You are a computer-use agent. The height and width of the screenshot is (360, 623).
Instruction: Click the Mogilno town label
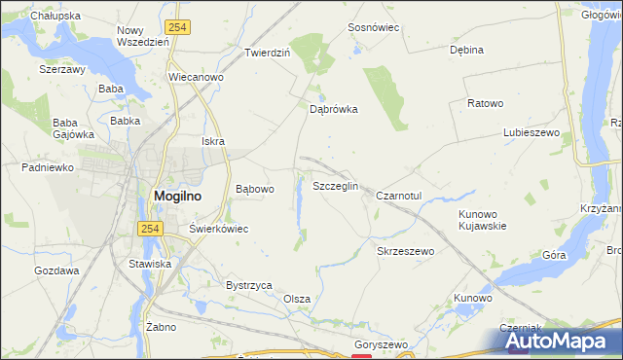click(178, 195)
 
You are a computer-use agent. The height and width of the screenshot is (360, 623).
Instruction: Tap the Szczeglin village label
click(336, 186)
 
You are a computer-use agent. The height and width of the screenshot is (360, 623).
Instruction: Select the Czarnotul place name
click(398, 196)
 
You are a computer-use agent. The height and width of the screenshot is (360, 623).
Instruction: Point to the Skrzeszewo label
click(404, 250)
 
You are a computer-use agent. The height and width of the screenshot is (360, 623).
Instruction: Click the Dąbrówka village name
click(334, 110)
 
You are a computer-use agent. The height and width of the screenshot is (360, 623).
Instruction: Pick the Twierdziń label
click(268, 53)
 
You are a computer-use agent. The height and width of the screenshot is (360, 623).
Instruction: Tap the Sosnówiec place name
click(375, 27)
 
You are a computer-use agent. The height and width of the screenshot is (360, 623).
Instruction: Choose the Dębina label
click(466, 49)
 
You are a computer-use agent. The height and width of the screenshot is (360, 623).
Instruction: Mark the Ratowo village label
click(485, 103)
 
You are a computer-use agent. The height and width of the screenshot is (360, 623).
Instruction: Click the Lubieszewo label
click(529, 132)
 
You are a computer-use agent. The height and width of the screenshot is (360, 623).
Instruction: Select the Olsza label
click(296, 299)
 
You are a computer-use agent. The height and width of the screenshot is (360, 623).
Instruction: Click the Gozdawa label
click(56, 270)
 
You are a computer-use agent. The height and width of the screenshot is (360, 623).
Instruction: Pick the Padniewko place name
click(48, 166)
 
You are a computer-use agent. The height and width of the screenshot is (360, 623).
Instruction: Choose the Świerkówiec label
click(219, 229)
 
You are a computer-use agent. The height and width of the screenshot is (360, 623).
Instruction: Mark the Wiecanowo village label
click(197, 77)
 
